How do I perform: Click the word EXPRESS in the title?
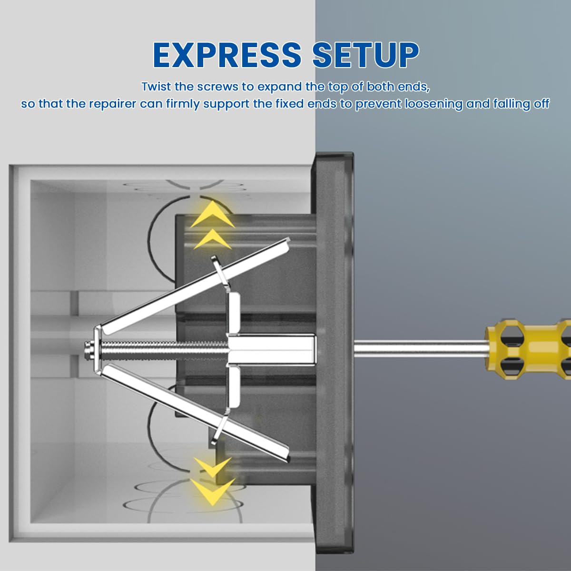(x=227, y=55)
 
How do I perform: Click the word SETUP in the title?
(x=365, y=55)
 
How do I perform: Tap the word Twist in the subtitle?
(x=155, y=87)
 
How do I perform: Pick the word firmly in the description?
(x=183, y=104)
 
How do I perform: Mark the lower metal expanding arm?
(x=190, y=409)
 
